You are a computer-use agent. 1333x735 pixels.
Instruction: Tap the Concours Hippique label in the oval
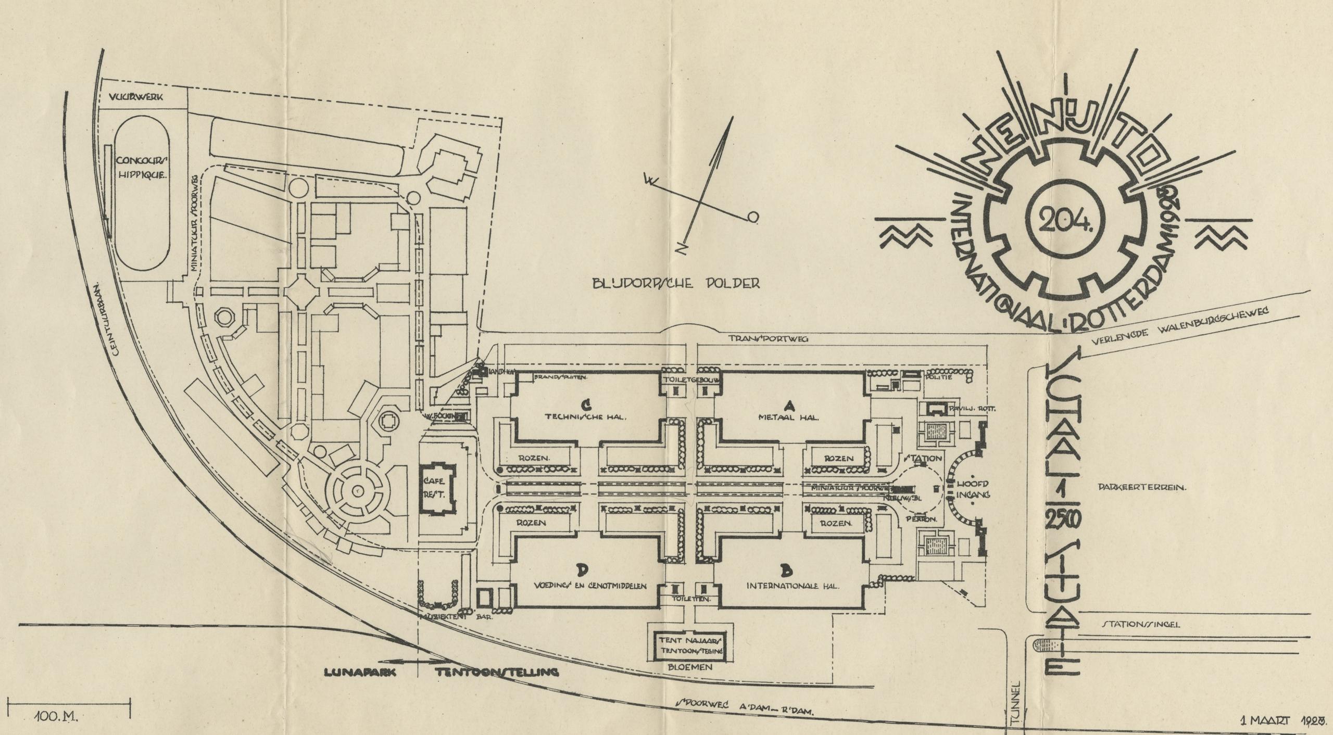[x=141, y=168]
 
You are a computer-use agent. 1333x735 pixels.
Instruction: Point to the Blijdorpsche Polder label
[x=675, y=284]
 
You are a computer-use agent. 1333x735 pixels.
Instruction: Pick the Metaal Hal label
[x=788, y=417]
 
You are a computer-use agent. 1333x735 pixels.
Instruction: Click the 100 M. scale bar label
[x=57, y=718]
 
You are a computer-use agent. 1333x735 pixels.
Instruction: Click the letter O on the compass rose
[x=753, y=217]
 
